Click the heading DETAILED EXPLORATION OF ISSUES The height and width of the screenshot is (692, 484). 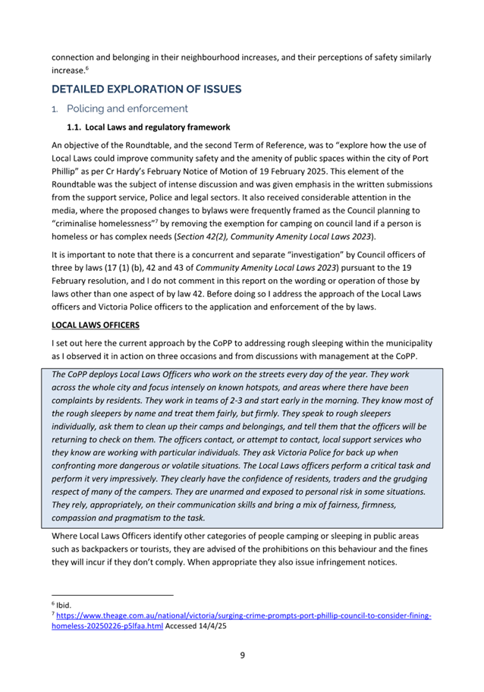click(x=146, y=89)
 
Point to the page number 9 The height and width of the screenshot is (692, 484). click(x=242, y=655)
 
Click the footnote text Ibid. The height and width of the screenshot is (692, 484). click(x=63, y=605)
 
